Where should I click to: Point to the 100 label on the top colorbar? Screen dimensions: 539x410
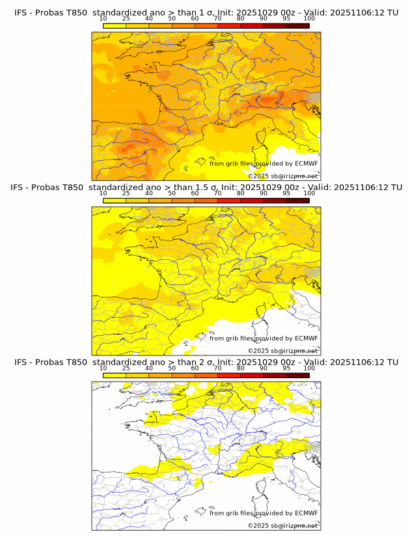[x=308, y=18]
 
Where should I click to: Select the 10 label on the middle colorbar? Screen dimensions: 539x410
[x=103, y=193]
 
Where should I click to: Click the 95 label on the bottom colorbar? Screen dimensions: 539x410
[x=286, y=368]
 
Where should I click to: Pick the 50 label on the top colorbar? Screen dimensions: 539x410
[x=172, y=18]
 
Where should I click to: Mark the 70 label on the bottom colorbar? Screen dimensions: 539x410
[x=217, y=368]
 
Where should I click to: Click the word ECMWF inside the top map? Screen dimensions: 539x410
[x=306, y=163]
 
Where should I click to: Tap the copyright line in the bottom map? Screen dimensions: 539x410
[x=282, y=525]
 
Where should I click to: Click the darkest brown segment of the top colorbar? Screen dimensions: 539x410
[x=297, y=25]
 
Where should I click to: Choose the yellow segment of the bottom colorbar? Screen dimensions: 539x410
[x=115, y=375]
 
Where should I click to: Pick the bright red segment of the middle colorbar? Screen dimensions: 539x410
[x=228, y=200]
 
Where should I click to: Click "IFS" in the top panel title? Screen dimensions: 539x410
[x=21, y=12]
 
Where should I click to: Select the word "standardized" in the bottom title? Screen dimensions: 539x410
[x=119, y=362]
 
